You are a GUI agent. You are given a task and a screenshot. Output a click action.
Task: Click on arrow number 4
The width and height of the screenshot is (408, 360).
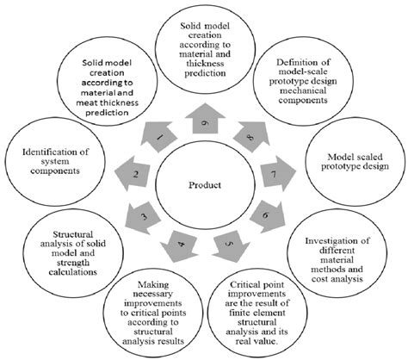(179, 240)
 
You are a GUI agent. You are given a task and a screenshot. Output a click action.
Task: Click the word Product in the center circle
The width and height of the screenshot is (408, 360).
(204, 183)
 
